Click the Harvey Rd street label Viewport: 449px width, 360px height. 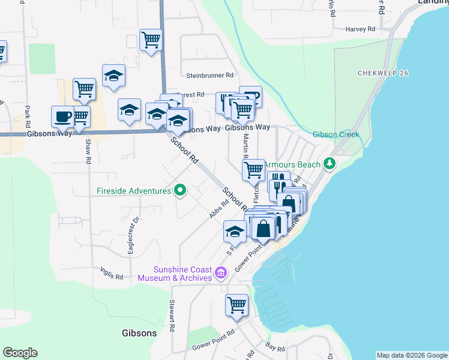pos(360,29)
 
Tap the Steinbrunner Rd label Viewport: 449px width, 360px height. pos(209,76)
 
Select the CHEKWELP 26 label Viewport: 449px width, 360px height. pos(383,73)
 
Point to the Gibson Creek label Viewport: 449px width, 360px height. pos(336,134)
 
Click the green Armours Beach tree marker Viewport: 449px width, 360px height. pos(329,163)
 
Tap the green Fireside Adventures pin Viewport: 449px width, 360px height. pos(179,191)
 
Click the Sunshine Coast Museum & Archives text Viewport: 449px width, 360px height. pos(175,274)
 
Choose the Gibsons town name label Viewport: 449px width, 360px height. pos(139,333)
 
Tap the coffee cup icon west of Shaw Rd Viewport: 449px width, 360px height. pos(62,116)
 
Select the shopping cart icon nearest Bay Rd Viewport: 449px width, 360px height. pos(237,304)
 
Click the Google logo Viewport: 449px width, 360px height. pos(20,353)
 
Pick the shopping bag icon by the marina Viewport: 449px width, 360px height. pos(263,228)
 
